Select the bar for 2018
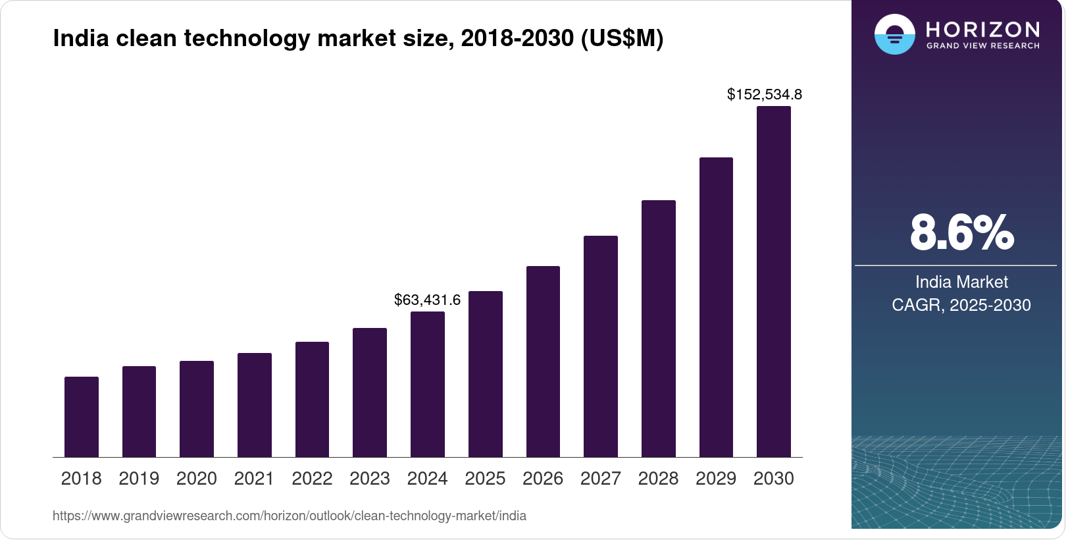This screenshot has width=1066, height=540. (x=82, y=417)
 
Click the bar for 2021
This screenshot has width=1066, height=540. (x=255, y=405)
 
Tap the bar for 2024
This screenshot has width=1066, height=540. (x=428, y=384)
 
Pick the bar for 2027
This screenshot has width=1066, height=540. (x=600, y=346)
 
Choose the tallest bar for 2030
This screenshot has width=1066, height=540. (x=774, y=282)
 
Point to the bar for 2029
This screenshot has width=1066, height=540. (x=716, y=307)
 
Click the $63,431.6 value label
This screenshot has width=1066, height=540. (x=427, y=300)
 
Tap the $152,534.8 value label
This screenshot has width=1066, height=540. (x=764, y=95)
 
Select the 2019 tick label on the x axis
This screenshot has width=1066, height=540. (x=139, y=479)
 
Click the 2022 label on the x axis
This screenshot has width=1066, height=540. (x=312, y=479)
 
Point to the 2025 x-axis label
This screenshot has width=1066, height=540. (x=485, y=479)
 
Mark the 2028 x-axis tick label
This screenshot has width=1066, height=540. (x=658, y=479)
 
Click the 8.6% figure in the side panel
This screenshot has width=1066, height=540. (x=961, y=232)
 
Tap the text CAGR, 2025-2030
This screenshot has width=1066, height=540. (x=961, y=306)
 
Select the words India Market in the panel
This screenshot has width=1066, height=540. (x=961, y=283)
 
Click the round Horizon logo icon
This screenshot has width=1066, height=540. (x=894, y=34)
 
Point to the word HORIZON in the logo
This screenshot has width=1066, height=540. (x=982, y=29)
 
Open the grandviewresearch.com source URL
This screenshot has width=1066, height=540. (x=290, y=516)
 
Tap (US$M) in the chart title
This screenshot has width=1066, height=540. (x=621, y=39)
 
